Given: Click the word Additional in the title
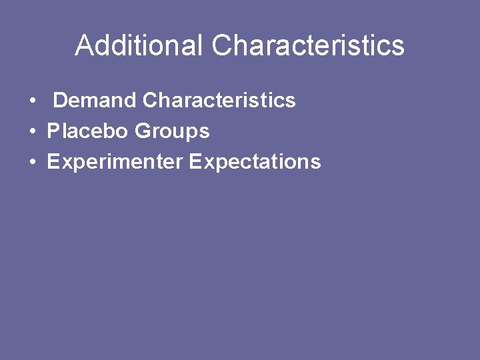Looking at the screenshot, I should [139, 45].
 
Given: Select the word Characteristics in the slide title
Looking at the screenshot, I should [308, 45].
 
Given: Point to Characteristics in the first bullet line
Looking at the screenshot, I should [219, 101].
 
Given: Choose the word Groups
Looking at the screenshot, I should [172, 131].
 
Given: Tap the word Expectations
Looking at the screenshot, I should [255, 162].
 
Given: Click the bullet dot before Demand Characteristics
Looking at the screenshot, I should [33, 101].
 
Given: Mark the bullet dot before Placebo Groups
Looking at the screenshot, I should [33, 132].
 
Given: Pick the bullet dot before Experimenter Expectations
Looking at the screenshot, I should [33, 163].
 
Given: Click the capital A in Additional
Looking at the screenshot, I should [84, 45].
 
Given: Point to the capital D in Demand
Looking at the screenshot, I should [60, 101].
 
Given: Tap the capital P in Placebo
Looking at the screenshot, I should [53, 131].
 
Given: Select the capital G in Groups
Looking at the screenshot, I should [142, 131].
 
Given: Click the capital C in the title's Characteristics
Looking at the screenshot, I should [223, 45].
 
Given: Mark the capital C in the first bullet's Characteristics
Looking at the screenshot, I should [150, 101].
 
